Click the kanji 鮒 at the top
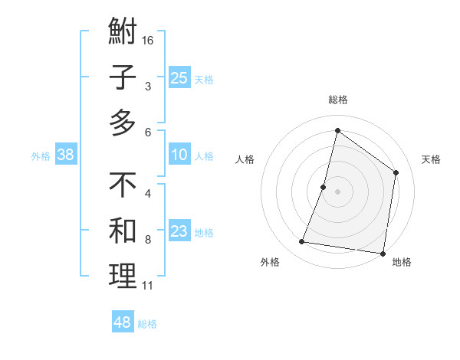click(x=123, y=34)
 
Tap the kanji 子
click(x=123, y=78)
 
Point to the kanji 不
click(x=123, y=185)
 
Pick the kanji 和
click(x=123, y=231)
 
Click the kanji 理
click(x=123, y=277)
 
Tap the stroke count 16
click(x=148, y=39)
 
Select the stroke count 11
click(x=147, y=286)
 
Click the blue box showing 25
click(x=179, y=78)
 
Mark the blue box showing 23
click(x=179, y=232)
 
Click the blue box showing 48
click(x=123, y=322)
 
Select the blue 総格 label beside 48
click(x=147, y=324)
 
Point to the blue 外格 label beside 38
click(x=41, y=156)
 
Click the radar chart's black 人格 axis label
click(x=245, y=159)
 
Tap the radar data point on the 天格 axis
click(x=396, y=172)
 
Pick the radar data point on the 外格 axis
click(x=302, y=242)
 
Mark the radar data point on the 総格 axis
click(x=337, y=130)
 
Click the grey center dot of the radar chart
click(x=337, y=191)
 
